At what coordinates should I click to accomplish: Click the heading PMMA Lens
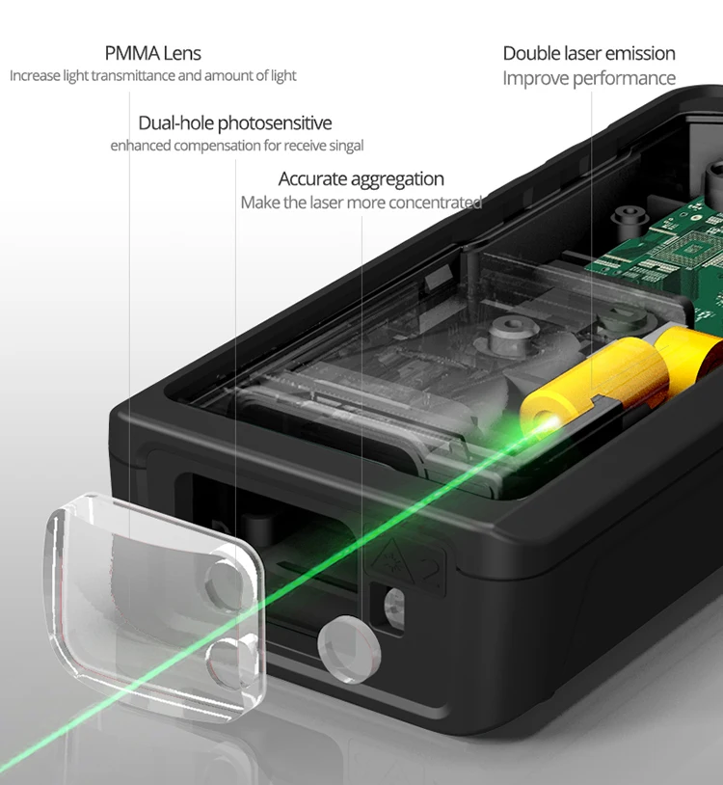tap(152, 53)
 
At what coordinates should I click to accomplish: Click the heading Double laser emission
tap(589, 53)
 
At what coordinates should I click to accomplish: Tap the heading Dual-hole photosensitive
tap(234, 123)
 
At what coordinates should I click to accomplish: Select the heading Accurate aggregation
tap(361, 179)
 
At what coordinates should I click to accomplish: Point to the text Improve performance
tap(589, 79)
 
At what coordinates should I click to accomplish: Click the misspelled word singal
tap(346, 146)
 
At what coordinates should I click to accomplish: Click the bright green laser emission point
tap(549, 423)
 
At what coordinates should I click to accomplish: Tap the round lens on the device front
tap(349, 649)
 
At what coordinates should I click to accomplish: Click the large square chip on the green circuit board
tap(692, 248)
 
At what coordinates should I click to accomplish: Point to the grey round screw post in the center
tap(510, 332)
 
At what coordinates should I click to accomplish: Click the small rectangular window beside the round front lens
tap(393, 606)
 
